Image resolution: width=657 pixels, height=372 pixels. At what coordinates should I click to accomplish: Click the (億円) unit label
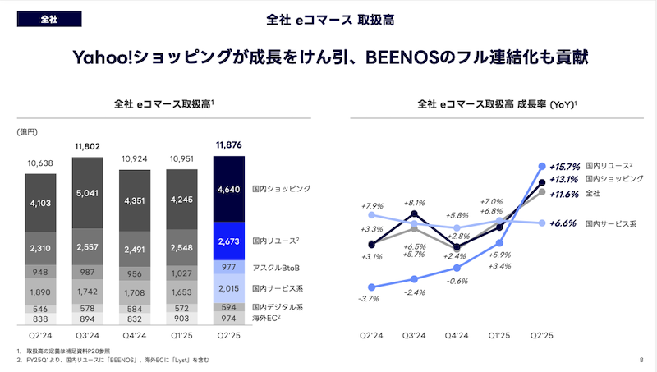pos(27,131)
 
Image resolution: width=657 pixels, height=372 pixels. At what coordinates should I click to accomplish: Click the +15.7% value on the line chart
pos(567,164)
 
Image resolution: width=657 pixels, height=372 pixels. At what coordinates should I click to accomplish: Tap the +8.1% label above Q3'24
pos(415,202)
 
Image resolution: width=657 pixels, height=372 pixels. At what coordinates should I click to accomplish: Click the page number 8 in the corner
pos(641,360)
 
